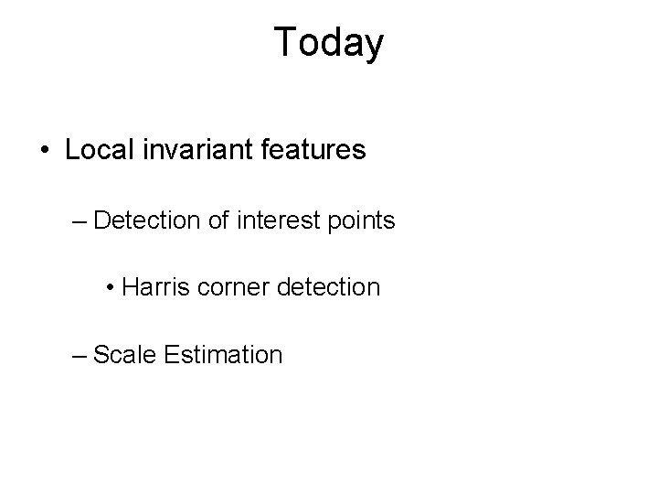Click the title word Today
[x=329, y=43]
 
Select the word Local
[x=95, y=149]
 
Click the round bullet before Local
[x=46, y=150]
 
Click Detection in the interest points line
[x=143, y=220]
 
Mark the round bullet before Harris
[x=111, y=288]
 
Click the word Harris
[x=152, y=287]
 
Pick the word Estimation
[x=224, y=354]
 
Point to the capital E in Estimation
[x=172, y=354]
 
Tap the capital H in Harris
[x=129, y=287]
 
